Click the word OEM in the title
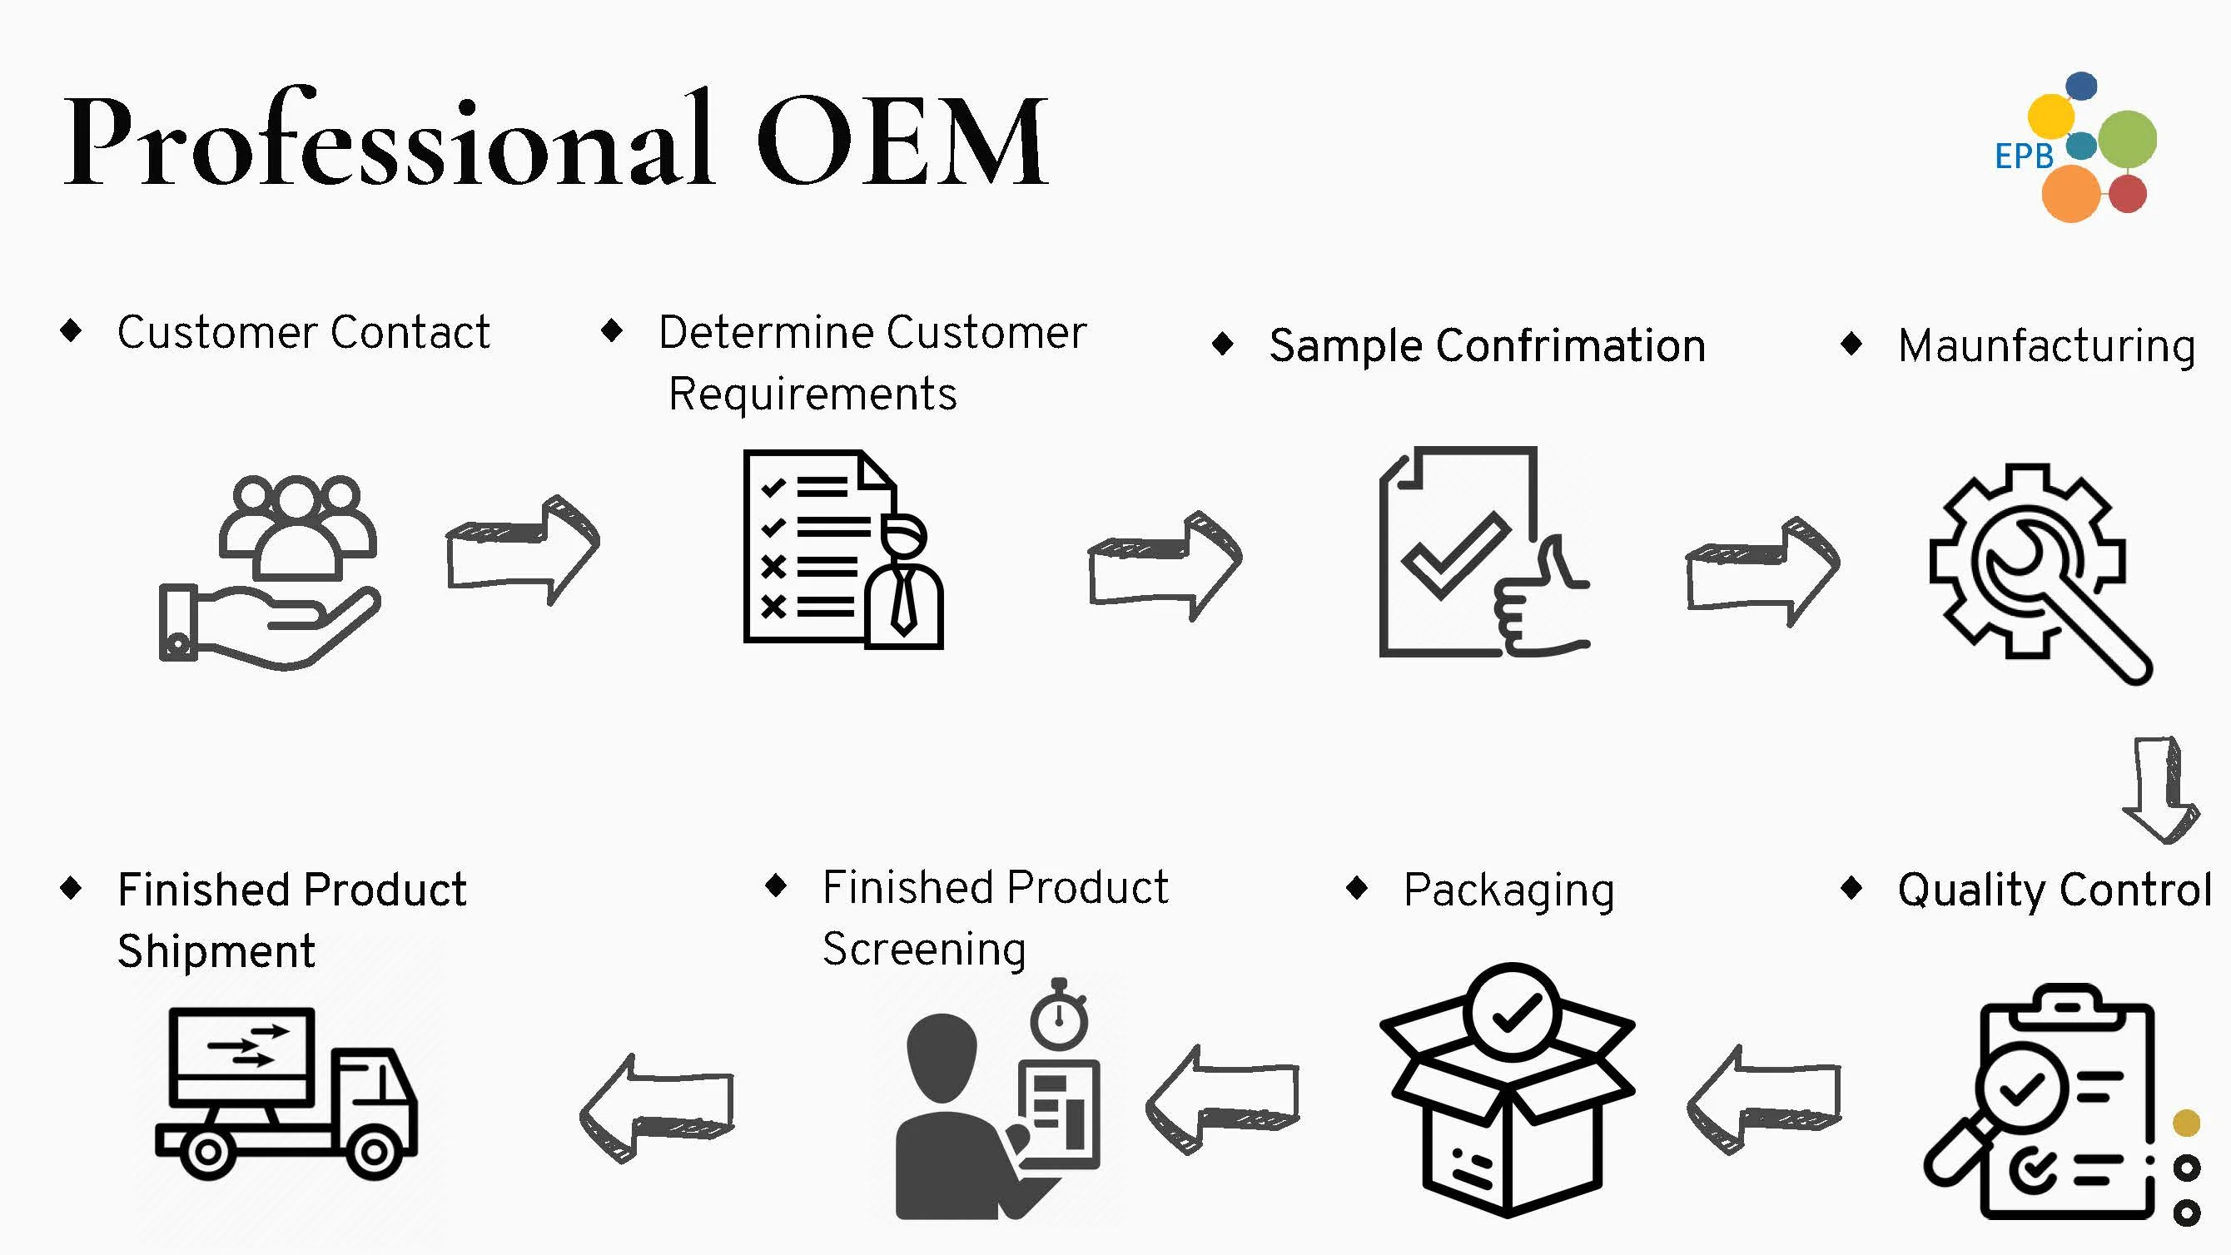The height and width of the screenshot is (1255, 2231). click(902, 141)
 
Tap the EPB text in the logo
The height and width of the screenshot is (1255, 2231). click(2023, 156)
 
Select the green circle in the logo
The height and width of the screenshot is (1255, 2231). click(2127, 139)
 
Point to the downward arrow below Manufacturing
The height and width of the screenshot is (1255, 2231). click(2160, 789)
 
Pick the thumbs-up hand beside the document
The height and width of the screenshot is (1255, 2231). click(1542, 607)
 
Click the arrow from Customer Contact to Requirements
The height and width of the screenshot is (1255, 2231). click(522, 550)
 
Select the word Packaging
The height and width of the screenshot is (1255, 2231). click(1508, 890)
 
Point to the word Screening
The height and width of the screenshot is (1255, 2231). click(923, 950)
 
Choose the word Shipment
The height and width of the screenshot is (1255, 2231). click(216, 952)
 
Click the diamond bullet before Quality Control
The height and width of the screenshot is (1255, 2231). click(1851, 888)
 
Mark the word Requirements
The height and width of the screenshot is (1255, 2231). click(812, 395)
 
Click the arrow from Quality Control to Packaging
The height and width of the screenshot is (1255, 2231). click(1763, 1101)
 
